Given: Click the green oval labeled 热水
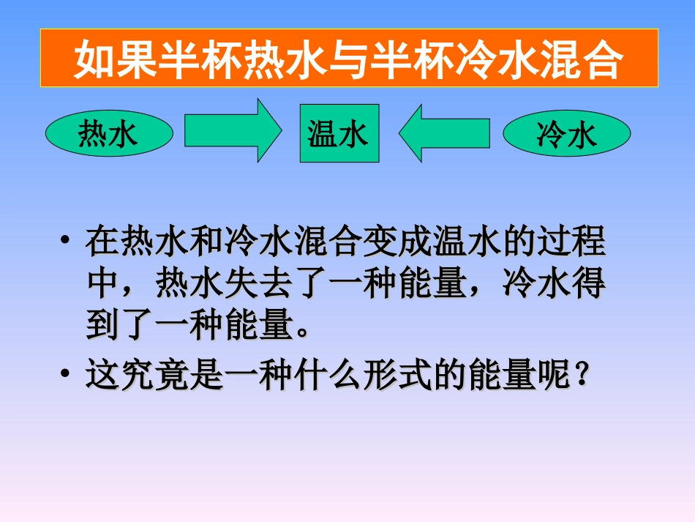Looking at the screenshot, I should tap(109, 135).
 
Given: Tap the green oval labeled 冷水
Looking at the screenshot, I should tap(566, 135).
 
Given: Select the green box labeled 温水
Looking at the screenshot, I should tap(339, 133).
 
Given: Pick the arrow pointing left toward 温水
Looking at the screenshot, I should tap(444, 133).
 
